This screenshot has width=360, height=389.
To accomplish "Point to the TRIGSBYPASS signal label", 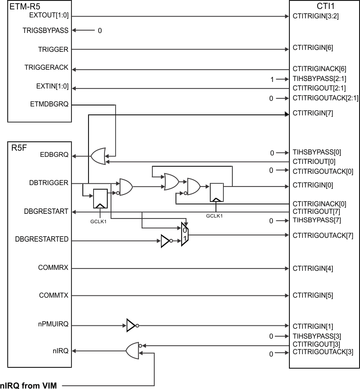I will [x=46, y=31].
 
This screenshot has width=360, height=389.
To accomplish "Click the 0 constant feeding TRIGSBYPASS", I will [x=99, y=31].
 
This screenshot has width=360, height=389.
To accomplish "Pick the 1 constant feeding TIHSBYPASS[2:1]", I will [x=272, y=80].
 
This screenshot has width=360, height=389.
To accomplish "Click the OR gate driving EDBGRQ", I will [x=98, y=156].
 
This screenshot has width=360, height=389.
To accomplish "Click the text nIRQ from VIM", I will [x=28, y=386].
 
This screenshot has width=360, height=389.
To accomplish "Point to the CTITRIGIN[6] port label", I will [x=313, y=48].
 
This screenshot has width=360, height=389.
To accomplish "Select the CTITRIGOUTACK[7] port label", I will [x=322, y=235].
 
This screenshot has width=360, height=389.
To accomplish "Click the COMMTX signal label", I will [x=53, y=296].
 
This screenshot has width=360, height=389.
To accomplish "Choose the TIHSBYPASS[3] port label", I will [x=316, y=336].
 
